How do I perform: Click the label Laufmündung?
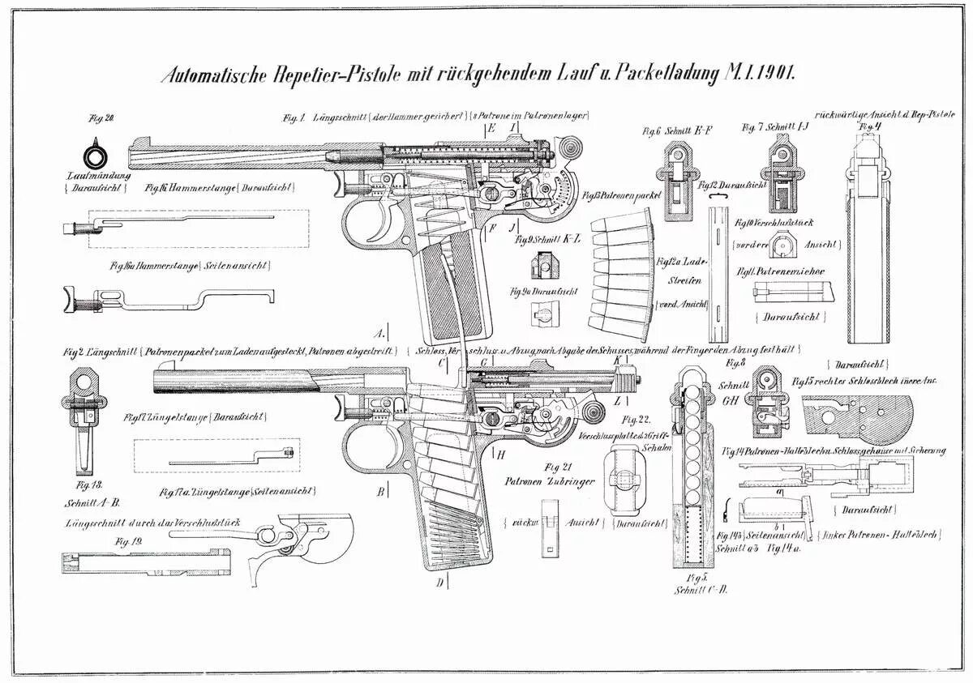100,175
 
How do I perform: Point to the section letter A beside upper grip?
379,333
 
